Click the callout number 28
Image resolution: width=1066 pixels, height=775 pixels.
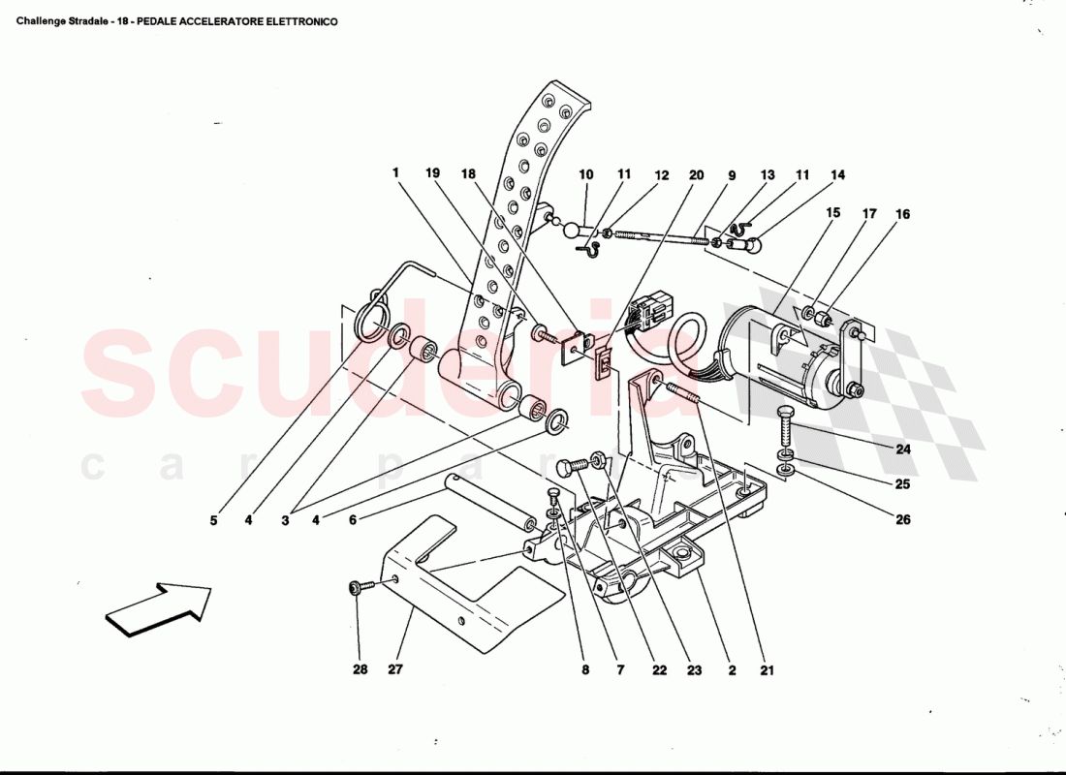coord(359,668)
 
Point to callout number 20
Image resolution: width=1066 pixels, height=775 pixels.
coord(696,175)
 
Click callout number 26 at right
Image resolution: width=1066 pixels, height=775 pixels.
coord(903,519)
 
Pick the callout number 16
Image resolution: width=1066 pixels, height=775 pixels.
coord(903,214)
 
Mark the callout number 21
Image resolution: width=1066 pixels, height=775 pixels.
coord(768,668)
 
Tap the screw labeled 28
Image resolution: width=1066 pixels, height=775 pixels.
coord(357,587)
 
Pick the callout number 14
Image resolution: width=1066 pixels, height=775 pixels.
coord(837,175)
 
